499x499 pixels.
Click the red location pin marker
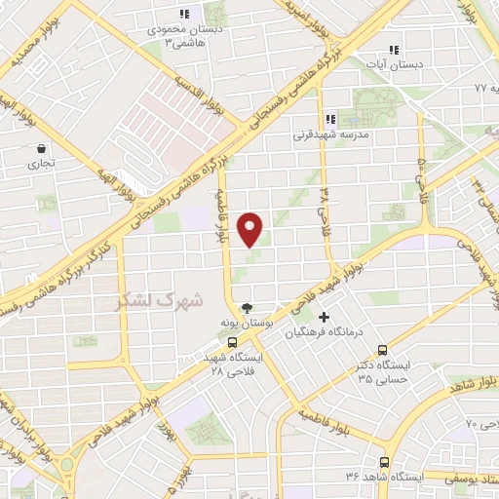coord(250,229)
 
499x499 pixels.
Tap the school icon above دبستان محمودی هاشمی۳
coord(183,14)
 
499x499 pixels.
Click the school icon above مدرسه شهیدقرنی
coord(329,119)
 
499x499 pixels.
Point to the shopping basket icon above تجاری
coord(42,150)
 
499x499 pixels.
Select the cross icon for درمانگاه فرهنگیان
coord(324,316)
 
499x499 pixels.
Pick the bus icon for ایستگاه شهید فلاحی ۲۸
coord(232,342)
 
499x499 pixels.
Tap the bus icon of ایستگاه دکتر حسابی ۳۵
coord(382,350)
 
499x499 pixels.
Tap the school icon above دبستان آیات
coord(394,49)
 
